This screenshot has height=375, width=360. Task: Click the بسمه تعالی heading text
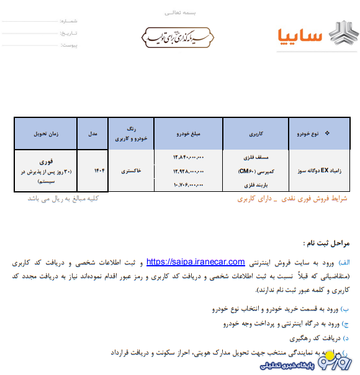pos(179,12)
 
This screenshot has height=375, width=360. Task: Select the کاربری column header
pos(257,133)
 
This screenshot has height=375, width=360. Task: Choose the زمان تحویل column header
pos(45,133)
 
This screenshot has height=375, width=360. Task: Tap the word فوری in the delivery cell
pos(46,161)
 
